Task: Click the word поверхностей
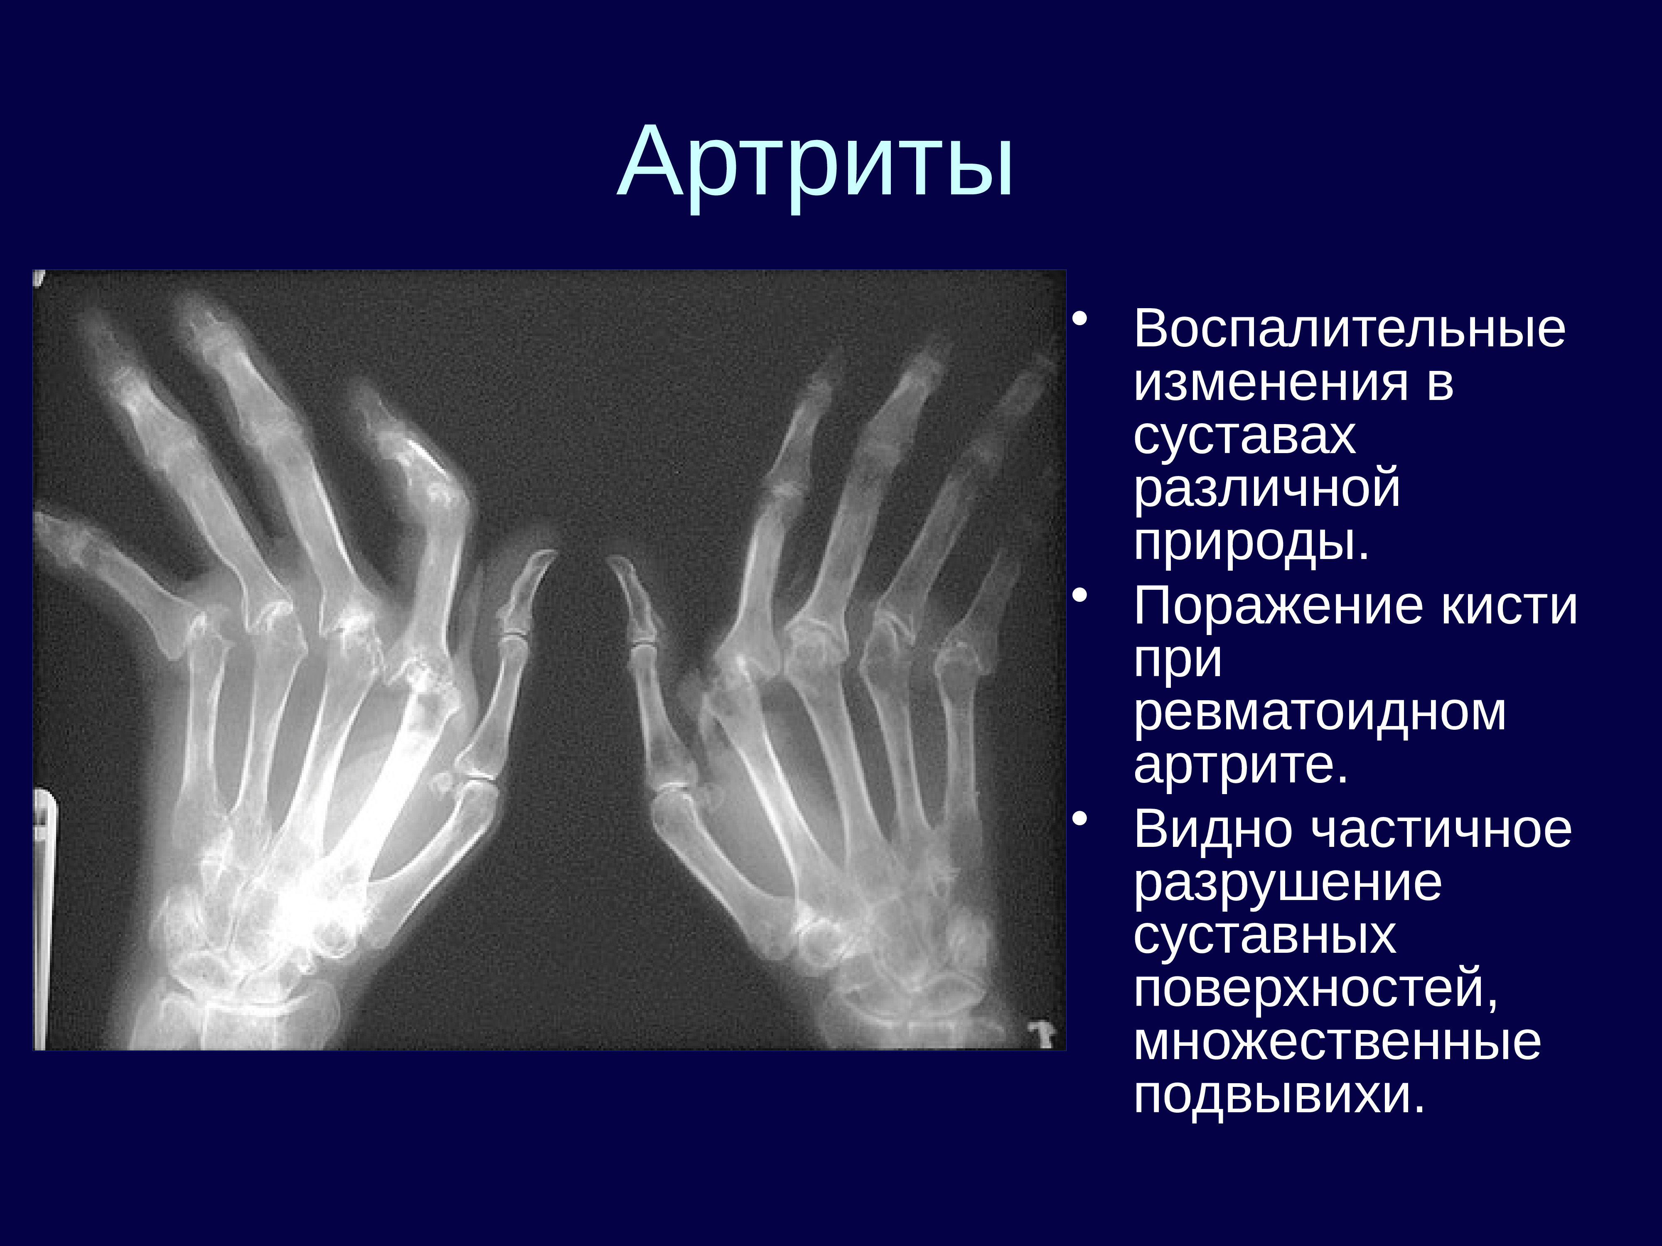coord(1315,990)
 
